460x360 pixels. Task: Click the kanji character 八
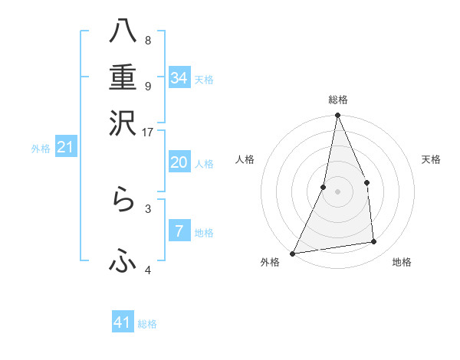[x=123, y=32]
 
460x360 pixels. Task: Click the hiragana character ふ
[x=123, y=262]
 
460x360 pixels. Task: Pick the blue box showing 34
[x=179, y=78]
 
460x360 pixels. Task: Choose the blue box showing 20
[x=179, y=162]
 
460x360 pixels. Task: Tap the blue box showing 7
[x=179, y=231]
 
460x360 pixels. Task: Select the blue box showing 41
[x=123, y=322]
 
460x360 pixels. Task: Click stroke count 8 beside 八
[x=147, y=40]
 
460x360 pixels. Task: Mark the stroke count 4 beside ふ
[x=147, y=270]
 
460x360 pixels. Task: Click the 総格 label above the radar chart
[x=337, y=100]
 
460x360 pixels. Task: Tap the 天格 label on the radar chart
[x=431, y=159]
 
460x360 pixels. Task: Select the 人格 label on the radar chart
[x=245, y=159]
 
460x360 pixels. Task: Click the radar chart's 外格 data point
[x=292, y=253]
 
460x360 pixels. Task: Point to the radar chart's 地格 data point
[x=374, y=242]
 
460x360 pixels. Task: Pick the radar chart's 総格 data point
[x=337, y=115]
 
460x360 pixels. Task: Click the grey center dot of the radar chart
[x=337, y=191]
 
